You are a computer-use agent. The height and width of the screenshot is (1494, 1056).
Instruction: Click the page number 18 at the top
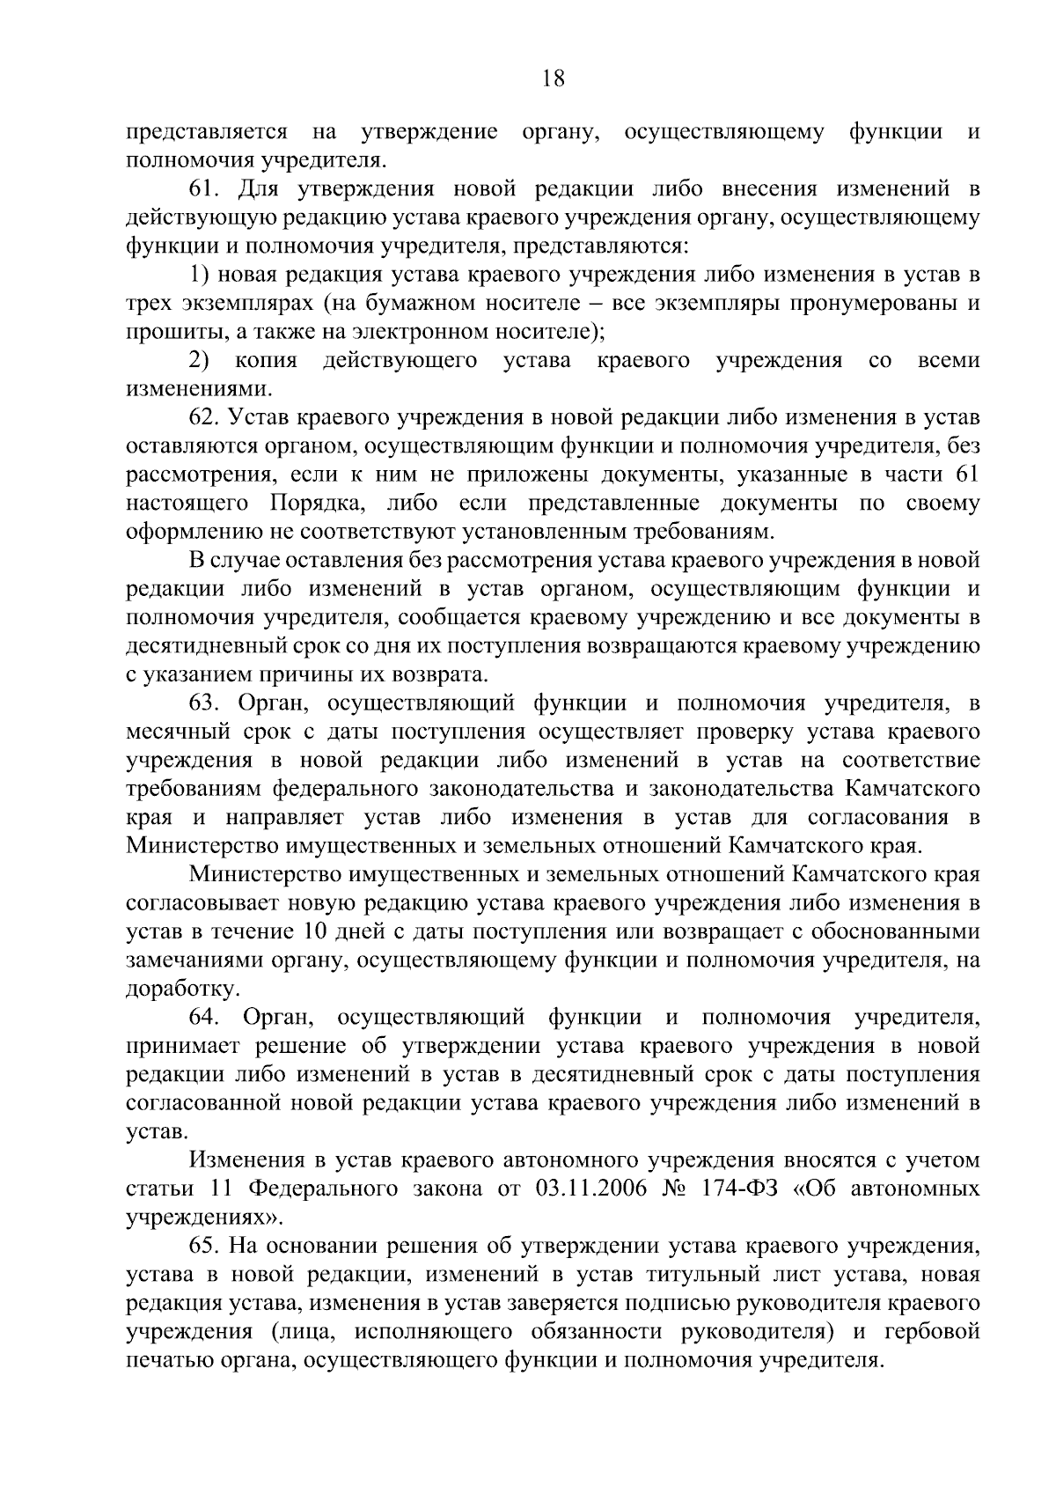point(554,78)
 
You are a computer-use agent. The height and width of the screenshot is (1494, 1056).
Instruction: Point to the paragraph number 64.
point(205,1018)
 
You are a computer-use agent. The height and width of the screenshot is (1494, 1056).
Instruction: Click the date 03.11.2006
point(590,1189)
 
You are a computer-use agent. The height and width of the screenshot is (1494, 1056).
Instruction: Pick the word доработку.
point(171,990)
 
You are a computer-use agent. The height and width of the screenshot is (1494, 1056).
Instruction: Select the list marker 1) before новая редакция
point(199,275)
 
